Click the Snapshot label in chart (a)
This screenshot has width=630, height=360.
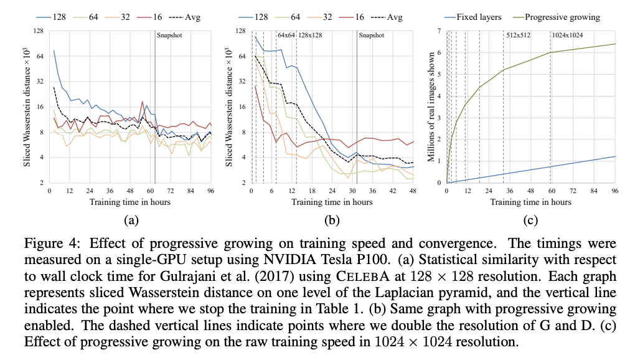pyautogui.click(x=170, y=36)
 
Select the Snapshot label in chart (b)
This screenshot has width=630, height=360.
pyautogui.click(x=371, y=36)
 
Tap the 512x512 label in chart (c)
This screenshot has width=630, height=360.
pyautogui.click(x=518, y=36)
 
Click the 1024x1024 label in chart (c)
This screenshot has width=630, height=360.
pyautogui.click(x=567, y=36)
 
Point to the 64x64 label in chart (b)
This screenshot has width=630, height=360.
pyautogui.click(x=286, y=36)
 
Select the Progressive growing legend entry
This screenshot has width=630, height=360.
pyautogui.click(x=562, y=17)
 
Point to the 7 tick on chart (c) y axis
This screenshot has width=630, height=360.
pyautogui.click(x=440, y=31)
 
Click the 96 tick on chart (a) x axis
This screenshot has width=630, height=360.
pyautogui.click(x=211, y=191)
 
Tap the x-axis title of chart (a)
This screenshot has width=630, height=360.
pyautogui.click(x=130, y=202)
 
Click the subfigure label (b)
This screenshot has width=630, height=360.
pyautogui.click(x=332, y=219)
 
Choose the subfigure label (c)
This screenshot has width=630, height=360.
pyautogui.click(x=530, y=219)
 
